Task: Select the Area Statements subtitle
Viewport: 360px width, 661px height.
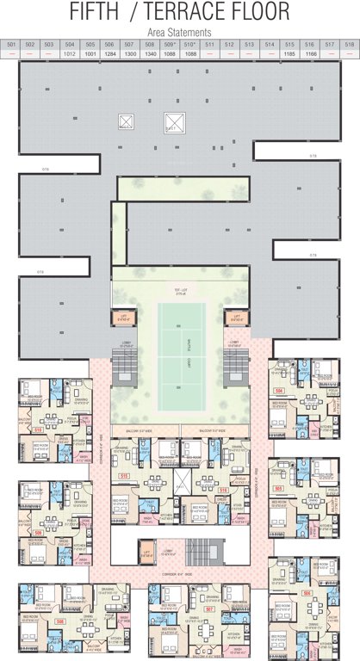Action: click(180, 31)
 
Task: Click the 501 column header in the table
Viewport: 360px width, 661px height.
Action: click(11, 44)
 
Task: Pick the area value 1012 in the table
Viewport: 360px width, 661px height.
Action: click(70, 53)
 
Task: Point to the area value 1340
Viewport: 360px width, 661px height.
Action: click(150, 53)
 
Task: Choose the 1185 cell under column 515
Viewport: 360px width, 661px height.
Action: click(289, 53)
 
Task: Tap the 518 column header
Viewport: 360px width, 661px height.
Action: click(349, 44)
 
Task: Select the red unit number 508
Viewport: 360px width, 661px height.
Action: click(37, 619)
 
